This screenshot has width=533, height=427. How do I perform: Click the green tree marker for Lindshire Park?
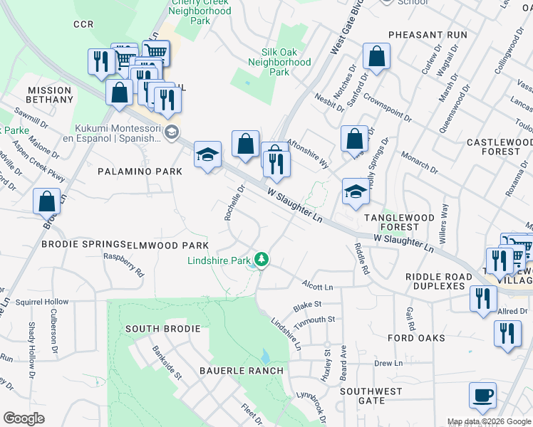click(262, 260)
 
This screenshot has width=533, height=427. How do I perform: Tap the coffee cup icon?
click(482, 395)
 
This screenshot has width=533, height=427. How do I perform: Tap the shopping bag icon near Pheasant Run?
click(376, 57)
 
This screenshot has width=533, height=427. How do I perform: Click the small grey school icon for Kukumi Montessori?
click(171, 132)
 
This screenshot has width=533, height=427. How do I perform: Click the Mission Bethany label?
click(50, 95)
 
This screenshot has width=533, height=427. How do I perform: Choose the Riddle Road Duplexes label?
click(438, 281)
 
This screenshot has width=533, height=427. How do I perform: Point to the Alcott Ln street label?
click(317, 287)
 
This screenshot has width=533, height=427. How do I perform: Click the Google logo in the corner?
click(24, 418)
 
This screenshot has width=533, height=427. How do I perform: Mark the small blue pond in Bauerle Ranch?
click(265, 356)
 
